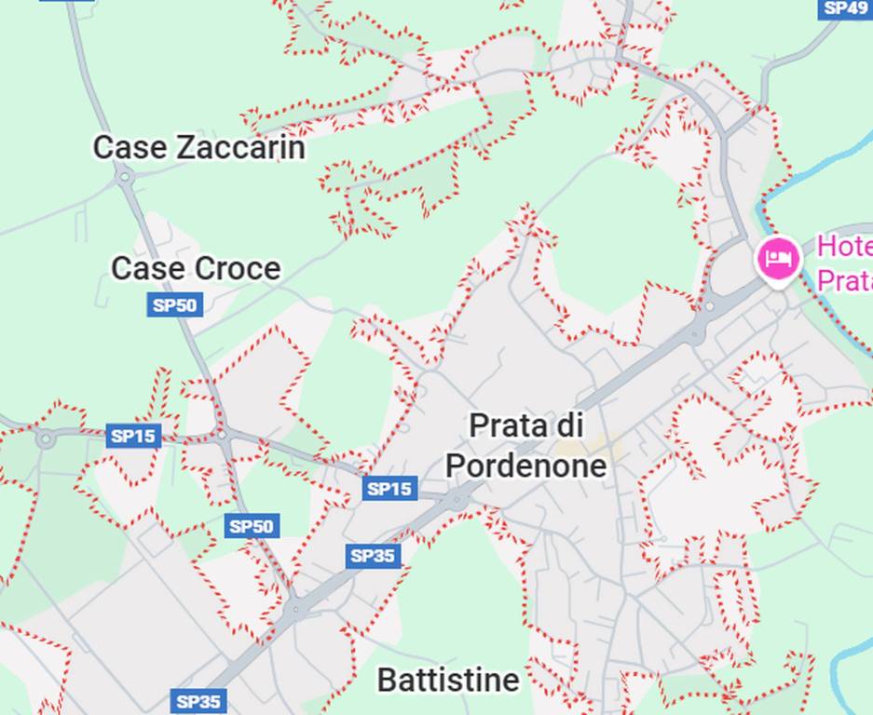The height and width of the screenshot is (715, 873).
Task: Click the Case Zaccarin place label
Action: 198,147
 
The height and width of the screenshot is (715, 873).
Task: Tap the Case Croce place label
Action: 196,268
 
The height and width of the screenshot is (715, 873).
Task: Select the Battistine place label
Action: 447,680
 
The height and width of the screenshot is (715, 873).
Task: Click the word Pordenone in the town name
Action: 525,465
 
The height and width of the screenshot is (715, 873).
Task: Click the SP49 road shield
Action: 845,7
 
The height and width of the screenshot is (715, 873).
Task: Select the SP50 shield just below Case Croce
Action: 174,304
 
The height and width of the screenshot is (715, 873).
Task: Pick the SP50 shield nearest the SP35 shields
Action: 252,526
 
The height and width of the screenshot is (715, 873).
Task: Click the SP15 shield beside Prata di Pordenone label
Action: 389,488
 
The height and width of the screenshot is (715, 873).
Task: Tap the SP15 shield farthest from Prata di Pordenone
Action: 133,436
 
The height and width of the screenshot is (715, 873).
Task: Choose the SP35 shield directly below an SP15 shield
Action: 374,557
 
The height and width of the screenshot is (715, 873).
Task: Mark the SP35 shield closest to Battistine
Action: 198,701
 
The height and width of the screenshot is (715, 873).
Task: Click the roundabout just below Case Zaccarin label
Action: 124,176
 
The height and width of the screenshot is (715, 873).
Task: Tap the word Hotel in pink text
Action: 844,247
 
